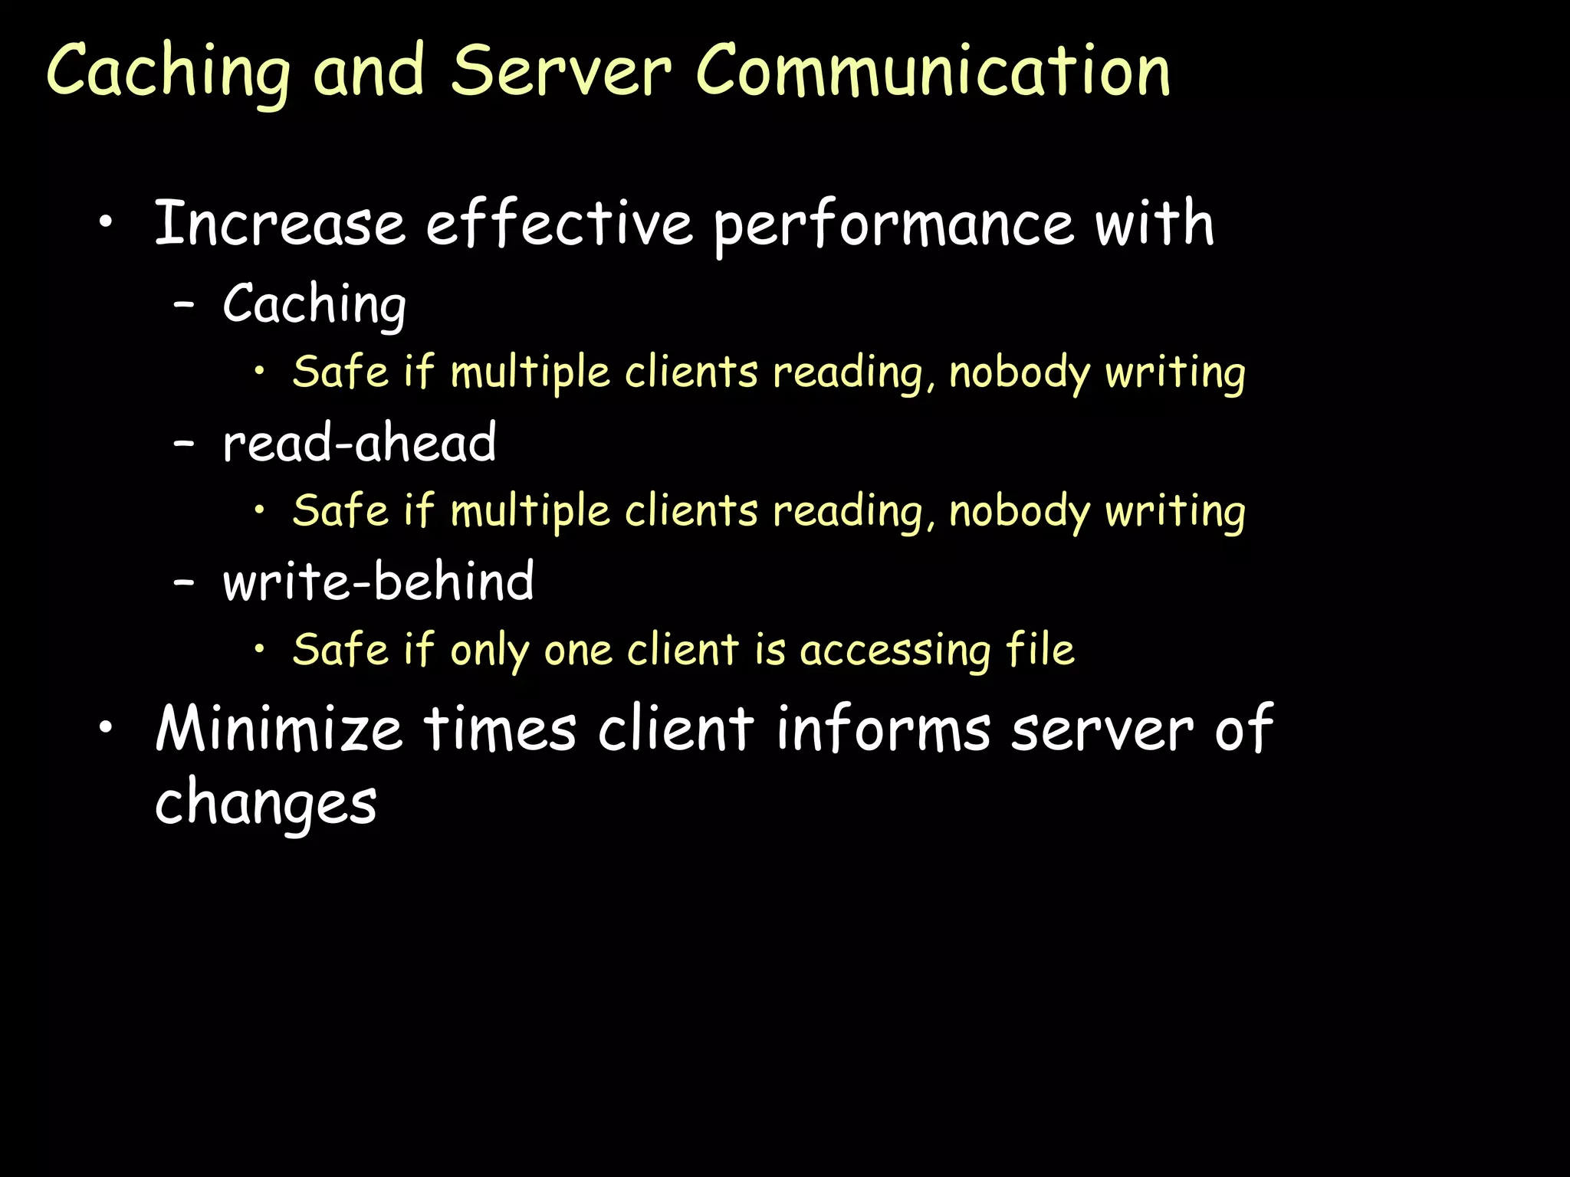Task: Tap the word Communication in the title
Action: pyautogui.click(x=932, y=70)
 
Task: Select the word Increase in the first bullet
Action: pyautogui.click(x=280, y=223)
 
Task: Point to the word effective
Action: pyautogui.click(x=560, y=223)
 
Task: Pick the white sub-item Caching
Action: pyautogui.click(x=314, y=305)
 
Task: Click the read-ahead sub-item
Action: pyautogui.click(x=360, y=443)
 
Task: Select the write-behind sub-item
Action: pyautogui.click(x=378, y=581)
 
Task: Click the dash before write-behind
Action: pyautogui.click(x=184, y=583)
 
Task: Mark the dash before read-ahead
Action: pyautogui.click(x=184, y=444)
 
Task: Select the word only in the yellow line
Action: pyautogui.click(x=490, y=651)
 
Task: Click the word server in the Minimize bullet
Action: pyautogui.click(x=1102, y=729)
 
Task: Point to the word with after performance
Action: pyautogui.click(x=1155, y=223)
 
